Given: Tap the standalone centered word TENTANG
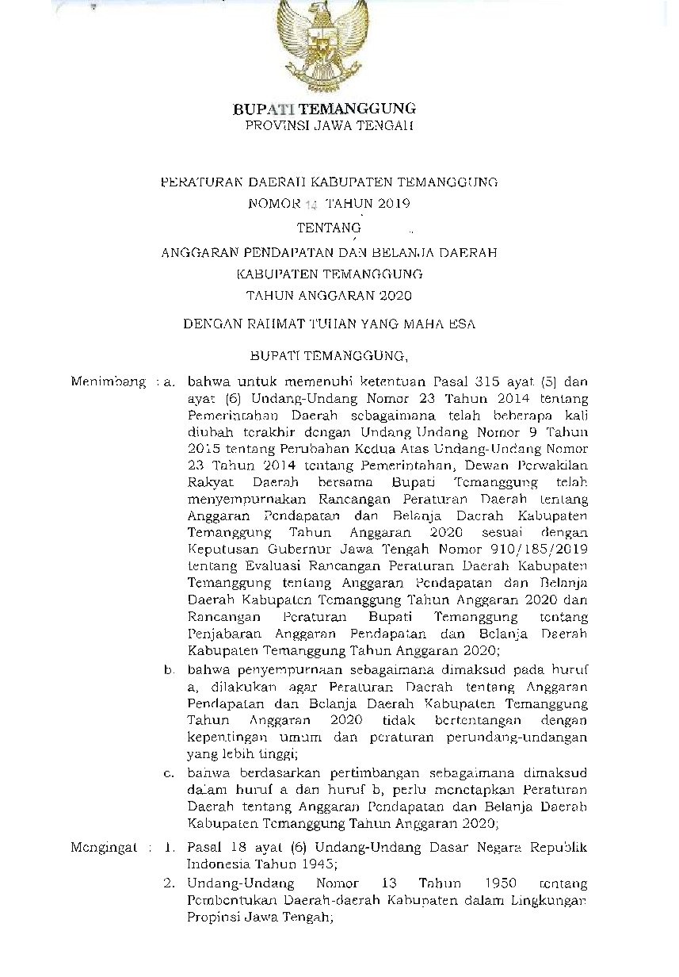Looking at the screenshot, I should coord(323,228).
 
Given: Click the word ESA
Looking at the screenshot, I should coord(463,324).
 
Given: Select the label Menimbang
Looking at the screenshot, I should coord(108,382).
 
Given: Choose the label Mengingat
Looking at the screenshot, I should coord(103,848).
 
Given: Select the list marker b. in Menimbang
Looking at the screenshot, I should coord(170,670).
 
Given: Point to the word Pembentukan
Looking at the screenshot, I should coord(231,901).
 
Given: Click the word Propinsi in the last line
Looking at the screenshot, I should coord(213,918).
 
